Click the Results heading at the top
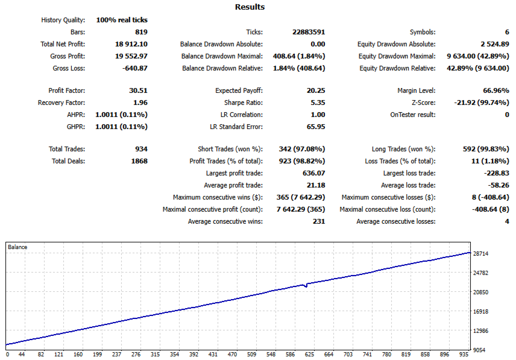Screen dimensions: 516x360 click(x=250, y=7)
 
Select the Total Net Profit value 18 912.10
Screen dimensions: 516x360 click(x=131, y=44)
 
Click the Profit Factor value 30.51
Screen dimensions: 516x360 click(x=138, y=90)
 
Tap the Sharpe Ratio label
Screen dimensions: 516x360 click(x=243, y=103)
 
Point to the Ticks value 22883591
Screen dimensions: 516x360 click(x=309, y=32)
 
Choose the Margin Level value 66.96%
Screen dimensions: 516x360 click(x=496, y=90)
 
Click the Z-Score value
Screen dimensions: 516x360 click(x=482, y=103)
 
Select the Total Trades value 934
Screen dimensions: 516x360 click(x=141, y=149)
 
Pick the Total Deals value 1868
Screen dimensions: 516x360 click(x=139, y=161)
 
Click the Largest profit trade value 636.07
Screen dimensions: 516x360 click(x=313, y=173)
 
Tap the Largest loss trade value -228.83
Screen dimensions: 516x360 click(x=497, y=173)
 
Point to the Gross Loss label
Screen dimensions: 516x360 click(x=69, y=69)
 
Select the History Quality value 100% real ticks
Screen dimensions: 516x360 click(x=122, y=20)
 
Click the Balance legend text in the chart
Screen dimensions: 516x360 click(x=17, y=247)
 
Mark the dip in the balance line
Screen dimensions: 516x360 click(x=306, y=286)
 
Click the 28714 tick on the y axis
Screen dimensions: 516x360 click(x=480, y=254)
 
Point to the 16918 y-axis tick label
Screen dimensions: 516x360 click(x=480, y=312)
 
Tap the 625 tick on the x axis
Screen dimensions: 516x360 click(x=309, y=355)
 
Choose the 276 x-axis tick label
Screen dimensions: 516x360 click(x=136, y=355)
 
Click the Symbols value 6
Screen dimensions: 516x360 click(x=507, y=32)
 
